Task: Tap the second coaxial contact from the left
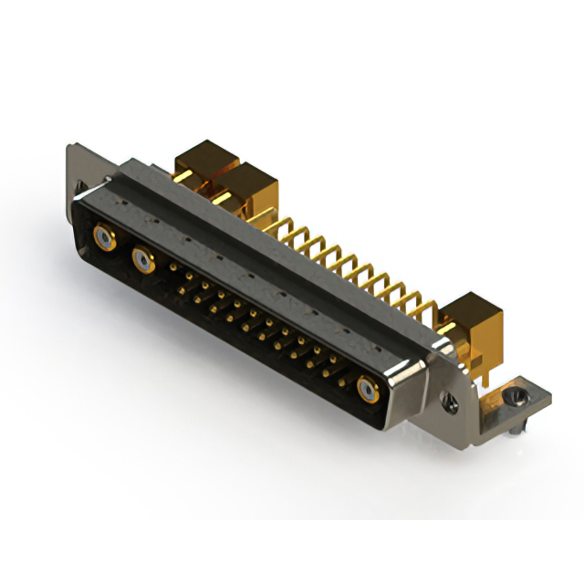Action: (143, 263)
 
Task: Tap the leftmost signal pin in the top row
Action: (173, 267)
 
